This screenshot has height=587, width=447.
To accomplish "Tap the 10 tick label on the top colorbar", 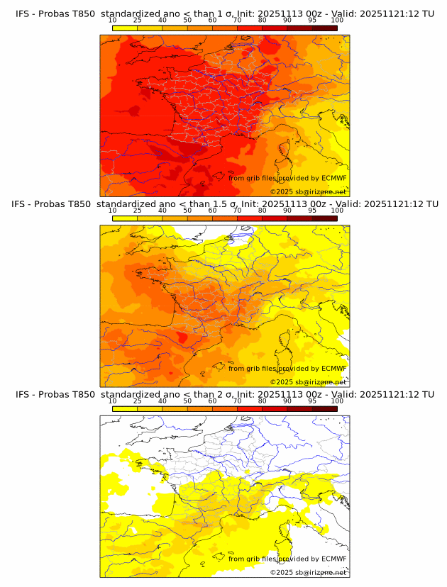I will click(113, 20).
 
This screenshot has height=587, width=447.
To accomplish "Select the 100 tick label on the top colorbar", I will click(337, 20).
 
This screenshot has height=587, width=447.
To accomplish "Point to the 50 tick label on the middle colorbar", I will click(187, 211).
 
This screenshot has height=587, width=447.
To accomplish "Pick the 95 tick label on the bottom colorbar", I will click(312, 401).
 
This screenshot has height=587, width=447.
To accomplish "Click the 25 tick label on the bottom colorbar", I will click(138, 401).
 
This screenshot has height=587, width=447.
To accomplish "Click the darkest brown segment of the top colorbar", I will click(324, 28).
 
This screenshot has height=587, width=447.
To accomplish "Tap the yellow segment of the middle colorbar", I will click(125, 218).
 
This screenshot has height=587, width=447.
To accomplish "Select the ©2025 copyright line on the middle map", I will click(309, 382).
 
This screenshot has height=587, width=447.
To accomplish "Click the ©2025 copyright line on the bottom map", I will click(309, 572).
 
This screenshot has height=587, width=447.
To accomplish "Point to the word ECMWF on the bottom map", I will click(333, 559).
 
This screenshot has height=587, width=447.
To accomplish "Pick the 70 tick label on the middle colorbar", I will click(237, 211).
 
